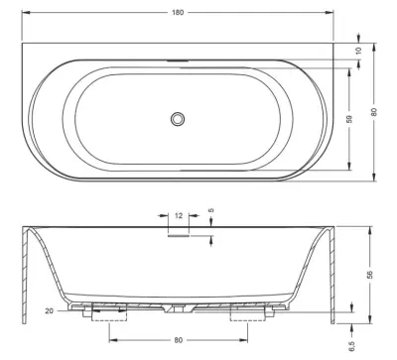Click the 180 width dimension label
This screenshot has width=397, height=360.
pyautogui.click(x=178, y=13)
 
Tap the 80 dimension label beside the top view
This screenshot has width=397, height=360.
pyautogui.click(x=374, y=112)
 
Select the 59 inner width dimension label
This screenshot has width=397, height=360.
pyautogui.click(x=350, y=119)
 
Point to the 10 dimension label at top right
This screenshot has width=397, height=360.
pyautogui.click(x=358, y=51)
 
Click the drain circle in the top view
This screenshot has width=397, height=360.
pyautogui.click(x=178, y=119)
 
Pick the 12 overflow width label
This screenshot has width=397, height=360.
pyautogui.click(x=179, y=216)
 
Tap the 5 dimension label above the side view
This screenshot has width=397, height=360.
pyautogui.click(x=211, y=210)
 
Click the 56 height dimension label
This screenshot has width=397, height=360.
pyautogui.click(x=369, y=275)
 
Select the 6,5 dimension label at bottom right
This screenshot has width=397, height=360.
pyautogui.click(x=351, y=346)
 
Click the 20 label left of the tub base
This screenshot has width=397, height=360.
pyautogui.click(x=49, y=310)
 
